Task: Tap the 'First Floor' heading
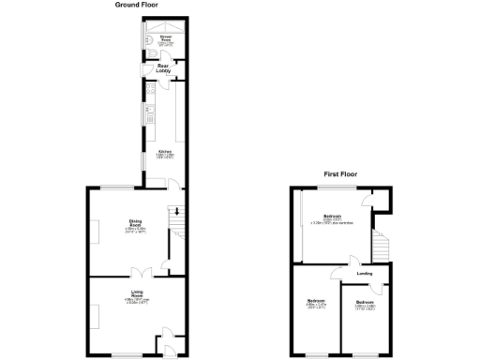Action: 342,174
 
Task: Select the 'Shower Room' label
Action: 165,40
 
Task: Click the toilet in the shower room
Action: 150,54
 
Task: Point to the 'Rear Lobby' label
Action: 163,68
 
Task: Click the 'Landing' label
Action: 365,274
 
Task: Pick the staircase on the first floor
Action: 380,247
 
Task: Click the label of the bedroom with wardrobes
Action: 333,219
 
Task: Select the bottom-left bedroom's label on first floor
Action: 315,304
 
